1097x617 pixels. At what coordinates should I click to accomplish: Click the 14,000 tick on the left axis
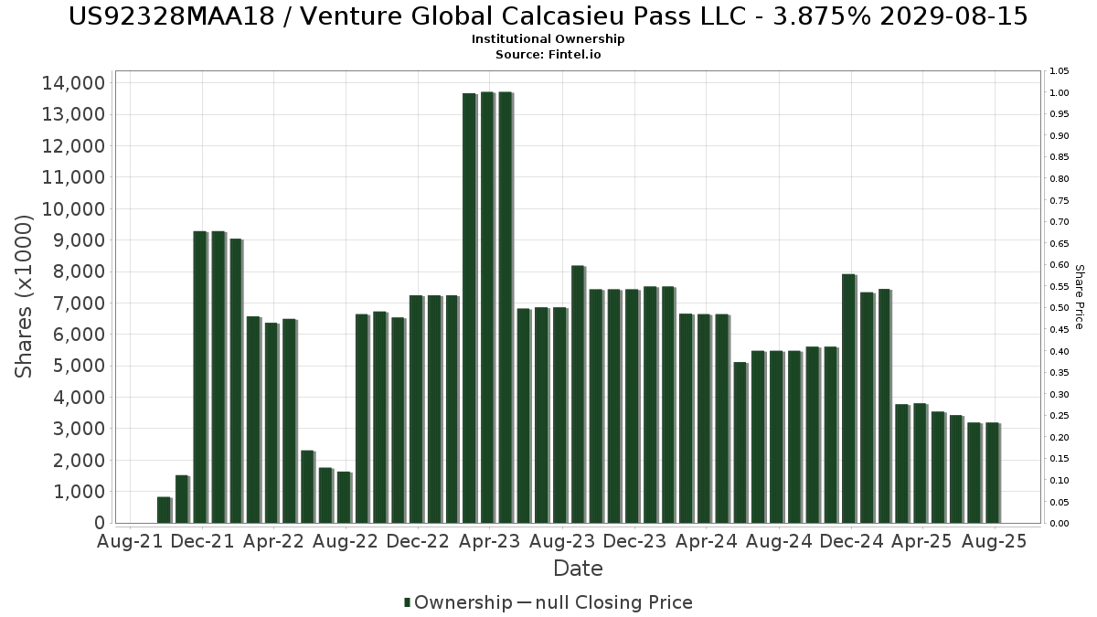coord(73,83)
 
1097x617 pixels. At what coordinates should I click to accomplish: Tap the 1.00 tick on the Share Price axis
coord(1059,93)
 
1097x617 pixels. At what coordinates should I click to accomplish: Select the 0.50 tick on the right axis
coord(1059,308)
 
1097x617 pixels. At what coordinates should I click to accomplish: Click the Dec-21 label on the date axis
coord(201,541)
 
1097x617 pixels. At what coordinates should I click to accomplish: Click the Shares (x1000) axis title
coord(25,295)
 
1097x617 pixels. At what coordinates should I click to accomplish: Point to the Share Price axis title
coord(1079,296)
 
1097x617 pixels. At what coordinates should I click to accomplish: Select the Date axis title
coord(578,569)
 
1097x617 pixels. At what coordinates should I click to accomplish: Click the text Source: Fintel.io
coord(548,54)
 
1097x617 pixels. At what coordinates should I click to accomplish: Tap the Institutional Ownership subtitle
coord(548,39)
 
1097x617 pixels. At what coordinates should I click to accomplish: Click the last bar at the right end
coord(992,473)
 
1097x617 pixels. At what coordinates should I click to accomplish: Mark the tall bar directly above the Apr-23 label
coord(487,307)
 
